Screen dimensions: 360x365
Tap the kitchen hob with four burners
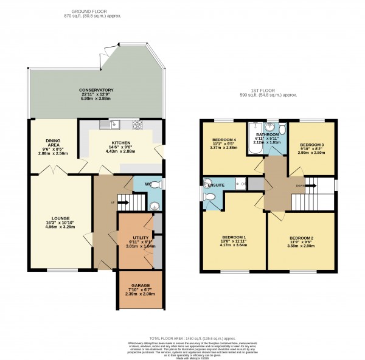pos(137,126)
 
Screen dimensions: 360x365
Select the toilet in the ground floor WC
pos(155,184)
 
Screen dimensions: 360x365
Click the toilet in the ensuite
pos(210,198)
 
